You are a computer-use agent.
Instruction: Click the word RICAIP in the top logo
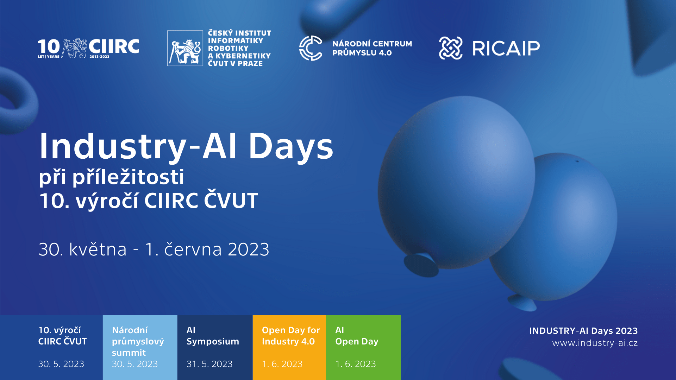point(506,48)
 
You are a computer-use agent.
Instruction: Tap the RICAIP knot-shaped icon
point(451,48)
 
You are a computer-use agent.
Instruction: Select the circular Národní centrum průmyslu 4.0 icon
point(311,48)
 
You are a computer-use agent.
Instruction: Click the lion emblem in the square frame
point(185,48)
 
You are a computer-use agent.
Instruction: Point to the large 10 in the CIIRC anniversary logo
point(49,46)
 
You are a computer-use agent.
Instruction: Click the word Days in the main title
point(291,147)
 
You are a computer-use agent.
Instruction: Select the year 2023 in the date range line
point(249,249)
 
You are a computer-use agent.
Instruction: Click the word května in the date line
point(98,249)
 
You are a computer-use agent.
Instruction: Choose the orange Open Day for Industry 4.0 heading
point(291,336)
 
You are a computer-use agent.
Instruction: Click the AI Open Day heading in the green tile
point(357,336)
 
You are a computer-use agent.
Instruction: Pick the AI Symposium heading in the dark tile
point(213,336)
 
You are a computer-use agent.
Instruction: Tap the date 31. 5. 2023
point(209,364)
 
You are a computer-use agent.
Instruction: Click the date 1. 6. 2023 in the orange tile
point(282,364)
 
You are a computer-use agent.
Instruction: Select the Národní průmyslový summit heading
point(138,341)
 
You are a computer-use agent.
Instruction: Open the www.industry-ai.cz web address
point(595,343)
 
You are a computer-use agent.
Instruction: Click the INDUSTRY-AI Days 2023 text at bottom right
point(583,331)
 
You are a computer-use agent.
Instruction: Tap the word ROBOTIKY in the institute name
point(228,48)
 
